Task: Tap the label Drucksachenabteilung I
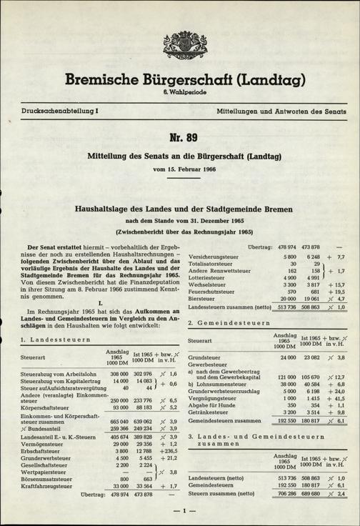tap(51, 111)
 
